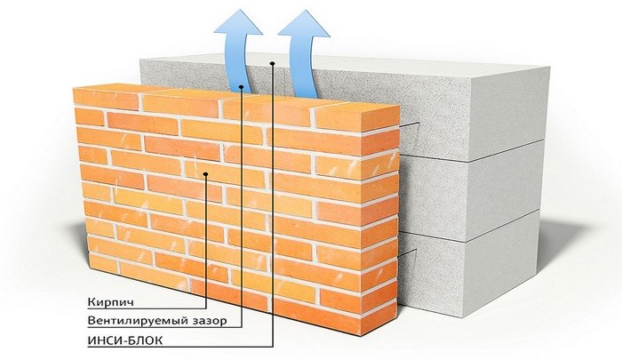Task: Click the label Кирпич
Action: point(111,302)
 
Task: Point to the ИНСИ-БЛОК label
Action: point(125,340)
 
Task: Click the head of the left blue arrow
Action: point(238,23)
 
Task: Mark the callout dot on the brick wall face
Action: point(205,173)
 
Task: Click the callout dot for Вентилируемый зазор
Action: point(241,86)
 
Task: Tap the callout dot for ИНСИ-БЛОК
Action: point(272,63)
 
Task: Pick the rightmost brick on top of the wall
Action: point(358,116)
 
